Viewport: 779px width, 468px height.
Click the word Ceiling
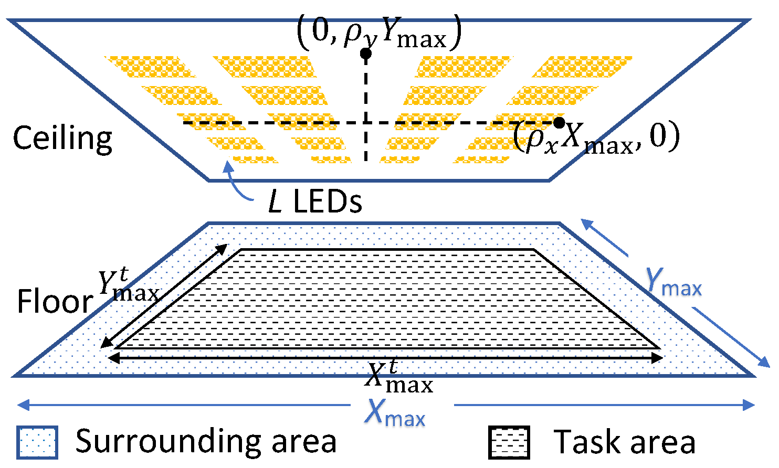click(x=62, y=139)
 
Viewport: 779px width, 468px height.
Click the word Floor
click(x=55, y=302)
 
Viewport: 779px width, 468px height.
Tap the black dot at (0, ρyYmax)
click(x=366, y=54)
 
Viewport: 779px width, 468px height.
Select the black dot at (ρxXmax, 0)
click(x=559, y=123)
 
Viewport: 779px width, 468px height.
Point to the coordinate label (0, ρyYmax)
click(x=379, y=32)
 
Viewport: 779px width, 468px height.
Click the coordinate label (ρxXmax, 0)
click(x=596, y=137)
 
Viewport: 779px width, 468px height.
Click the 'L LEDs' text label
click(x=315, y=201)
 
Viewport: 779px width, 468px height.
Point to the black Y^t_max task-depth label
click(x=128, y=286)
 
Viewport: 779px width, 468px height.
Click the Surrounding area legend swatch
click(x=36, y=442)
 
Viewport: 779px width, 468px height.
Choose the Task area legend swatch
click(x=509, y=442)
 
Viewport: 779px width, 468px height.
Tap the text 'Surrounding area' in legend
click(x=206, y=441)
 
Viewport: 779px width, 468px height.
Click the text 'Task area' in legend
click(x=625, y=442)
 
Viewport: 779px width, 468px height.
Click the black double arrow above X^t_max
click(x=385, y=358)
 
